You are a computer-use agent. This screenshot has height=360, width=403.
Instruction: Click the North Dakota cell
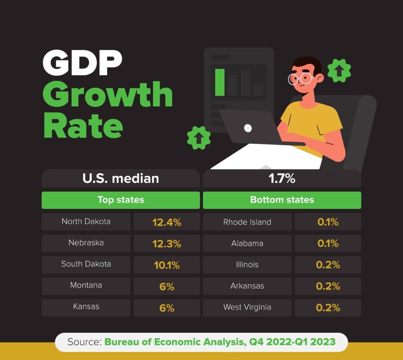coord(86,222)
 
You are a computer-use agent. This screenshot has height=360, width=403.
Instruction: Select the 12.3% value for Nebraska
coord(166,243)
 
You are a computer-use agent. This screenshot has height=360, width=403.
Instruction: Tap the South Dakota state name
coord(86,264)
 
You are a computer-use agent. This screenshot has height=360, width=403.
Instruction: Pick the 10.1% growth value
coord(166,265)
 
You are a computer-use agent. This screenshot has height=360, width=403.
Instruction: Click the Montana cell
coord(86,286)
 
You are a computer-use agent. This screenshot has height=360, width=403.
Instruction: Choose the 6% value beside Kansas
coord(166,308)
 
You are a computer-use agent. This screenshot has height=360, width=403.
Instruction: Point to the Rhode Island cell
coord(247,222)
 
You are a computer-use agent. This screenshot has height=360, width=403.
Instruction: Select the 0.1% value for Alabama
coord(328,243)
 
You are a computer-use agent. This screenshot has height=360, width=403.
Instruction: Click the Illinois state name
coord(247,265)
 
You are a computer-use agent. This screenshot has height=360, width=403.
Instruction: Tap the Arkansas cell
coord(247,286)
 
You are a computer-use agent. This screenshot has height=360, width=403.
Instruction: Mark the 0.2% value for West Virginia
coord(328,308)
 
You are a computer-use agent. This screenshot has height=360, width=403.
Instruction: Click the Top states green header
coord(120,200)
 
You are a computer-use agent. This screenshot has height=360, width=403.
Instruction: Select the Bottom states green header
coord(282,200)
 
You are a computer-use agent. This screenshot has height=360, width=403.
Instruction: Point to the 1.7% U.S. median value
coord(282,178)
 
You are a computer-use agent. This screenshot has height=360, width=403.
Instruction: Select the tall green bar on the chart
coord(220,82)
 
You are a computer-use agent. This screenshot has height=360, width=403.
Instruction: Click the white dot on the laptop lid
coord(248,128)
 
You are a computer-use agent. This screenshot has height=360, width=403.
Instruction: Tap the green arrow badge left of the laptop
coord(198,138)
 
